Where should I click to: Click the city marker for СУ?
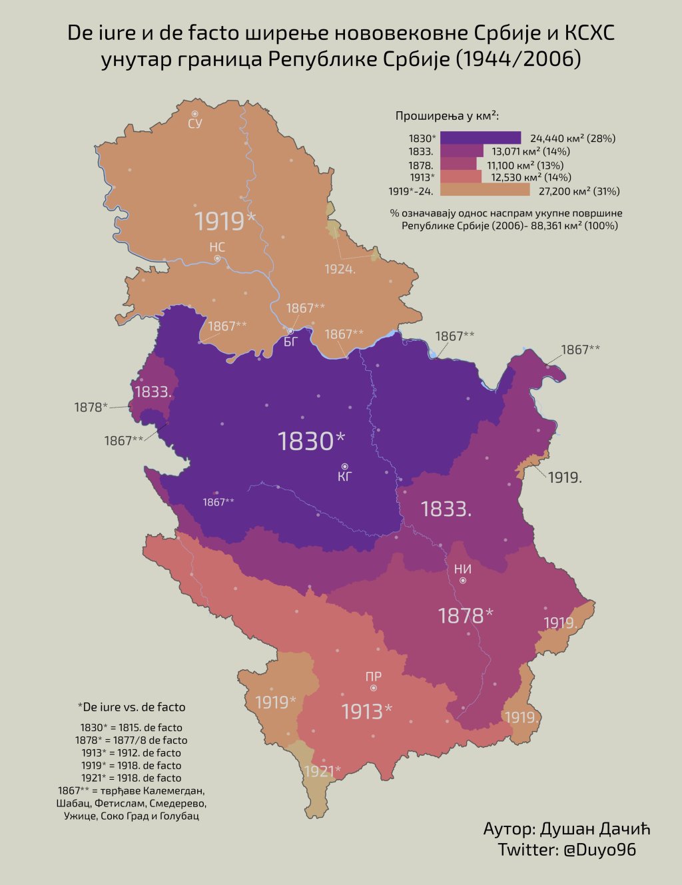(x=194, y=115)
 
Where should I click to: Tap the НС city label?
(x=217, y=247)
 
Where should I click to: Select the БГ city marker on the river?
(x=290, y=331)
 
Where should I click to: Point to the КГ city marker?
(x=344, y=466)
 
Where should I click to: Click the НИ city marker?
(x=463, y=581)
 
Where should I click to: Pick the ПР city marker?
(x=374, y=688)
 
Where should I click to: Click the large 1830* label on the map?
(x=311, y=441)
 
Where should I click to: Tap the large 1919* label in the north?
(x=224, y=221)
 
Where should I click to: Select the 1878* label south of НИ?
(x=465, y=615)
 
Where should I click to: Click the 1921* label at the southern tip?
(x=322, y=771)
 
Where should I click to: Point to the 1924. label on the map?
(x=340, y=269)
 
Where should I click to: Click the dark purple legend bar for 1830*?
(x=480, y=138)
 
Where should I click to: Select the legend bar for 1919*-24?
(x=485, y=191)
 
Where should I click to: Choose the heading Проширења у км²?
(x=448, y=116)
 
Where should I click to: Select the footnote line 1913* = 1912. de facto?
(x=131, y=752)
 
